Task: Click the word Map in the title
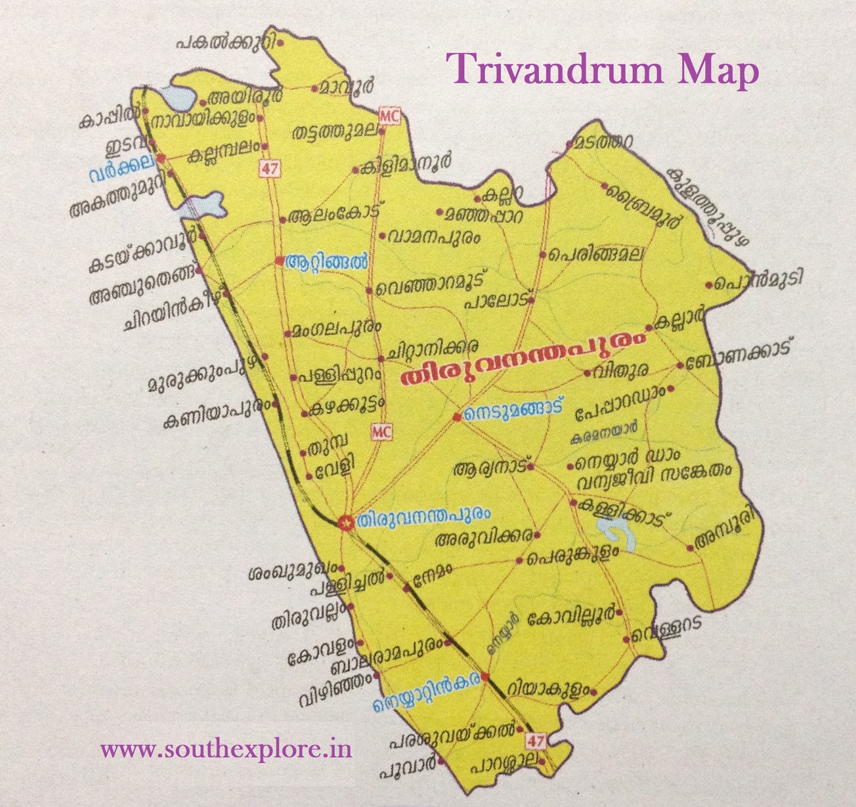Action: [718, 71]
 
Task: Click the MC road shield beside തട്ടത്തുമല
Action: [389, 115]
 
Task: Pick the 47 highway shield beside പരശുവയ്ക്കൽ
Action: [536, 741]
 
